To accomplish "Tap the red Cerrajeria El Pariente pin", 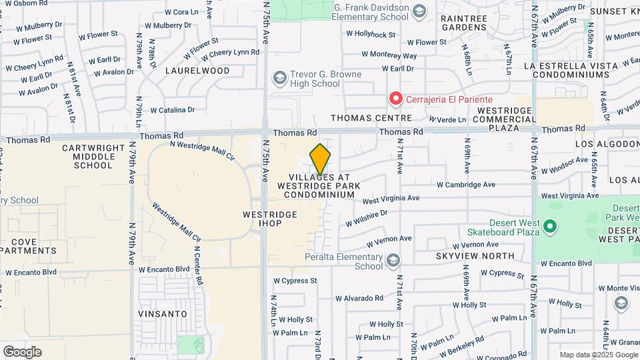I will click(x=395, y=99).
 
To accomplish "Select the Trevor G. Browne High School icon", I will click(x=279, y=79).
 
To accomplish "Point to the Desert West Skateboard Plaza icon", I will click(x=549, y=227).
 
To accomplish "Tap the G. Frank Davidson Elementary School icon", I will click(x=419, y=11).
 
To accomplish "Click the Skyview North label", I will click(x=475, y=255).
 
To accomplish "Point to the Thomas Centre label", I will click(x=372, y=118).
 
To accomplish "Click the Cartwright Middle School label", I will click(x=94, y=156).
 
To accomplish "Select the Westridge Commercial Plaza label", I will click(x=503, y=118).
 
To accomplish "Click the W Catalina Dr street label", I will click(x=172, y=110).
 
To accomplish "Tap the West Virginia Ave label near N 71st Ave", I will click(x=391, y=199).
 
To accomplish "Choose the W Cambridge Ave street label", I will click(x=466, y=185).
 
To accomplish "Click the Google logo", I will click(x=22, y=351).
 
